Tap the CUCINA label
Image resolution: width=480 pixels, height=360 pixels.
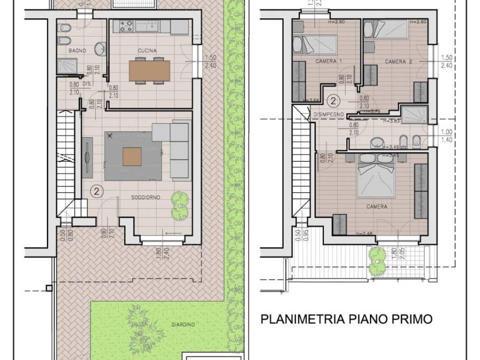click(x=147, y=50)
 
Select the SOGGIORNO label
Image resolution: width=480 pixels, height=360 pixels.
click(x=145, y=197)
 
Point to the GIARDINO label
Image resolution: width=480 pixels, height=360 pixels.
click(x=183, y=324)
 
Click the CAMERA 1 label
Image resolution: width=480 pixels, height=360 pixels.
click(x=328, y=61)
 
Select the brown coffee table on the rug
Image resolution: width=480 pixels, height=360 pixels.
click(x=132, y=157)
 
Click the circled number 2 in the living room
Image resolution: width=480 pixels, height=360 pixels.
click(x=96, y=191)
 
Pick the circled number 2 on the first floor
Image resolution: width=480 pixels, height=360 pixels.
click(x=333, y=100)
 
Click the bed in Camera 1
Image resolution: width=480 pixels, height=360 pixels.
click(x=315, y=45)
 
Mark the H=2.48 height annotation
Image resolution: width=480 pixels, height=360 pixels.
click(x=365, y=234)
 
